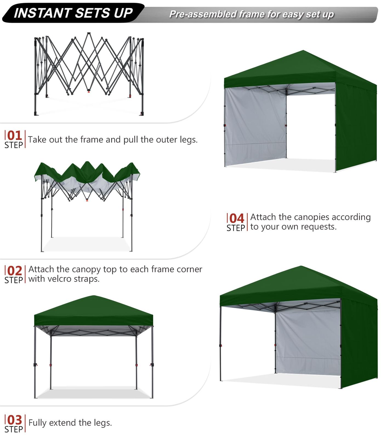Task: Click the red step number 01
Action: pyautogui.click(x=15, y=136)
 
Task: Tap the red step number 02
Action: pyautogui.click(x=15, y=271)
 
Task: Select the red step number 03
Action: pyautogui.click(x=15, y=420)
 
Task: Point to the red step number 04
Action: pyautogui.click(x=237, y=219)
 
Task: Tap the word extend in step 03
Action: pyautogui.click(x=63, y=423)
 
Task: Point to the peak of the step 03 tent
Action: pyautogui.click(x=93, y=296)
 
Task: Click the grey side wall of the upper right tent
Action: pyautogui.click(x=255, y=126)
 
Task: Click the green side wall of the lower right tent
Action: pyautogui.click(x=359, y=343)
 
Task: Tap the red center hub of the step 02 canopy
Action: pyautogui.click(x=87, y=200)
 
